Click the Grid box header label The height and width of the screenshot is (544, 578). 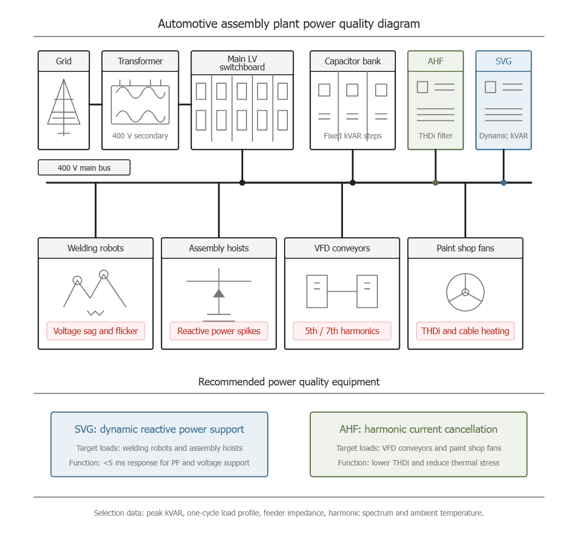[63, 61]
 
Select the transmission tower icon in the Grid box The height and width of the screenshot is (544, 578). [64, 107]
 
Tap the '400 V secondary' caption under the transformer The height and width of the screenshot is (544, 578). [140, 136]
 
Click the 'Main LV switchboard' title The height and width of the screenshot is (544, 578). [242, 63]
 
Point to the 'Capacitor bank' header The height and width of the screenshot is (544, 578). [353, 61]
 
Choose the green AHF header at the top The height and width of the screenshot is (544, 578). [435, 61]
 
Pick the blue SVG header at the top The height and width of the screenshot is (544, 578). [503, 61]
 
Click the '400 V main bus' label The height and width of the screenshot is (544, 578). [84, 168]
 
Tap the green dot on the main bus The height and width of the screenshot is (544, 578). [435, 183]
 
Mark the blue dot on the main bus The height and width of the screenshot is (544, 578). [503, 183]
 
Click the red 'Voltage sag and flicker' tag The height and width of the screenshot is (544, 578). [95, 331]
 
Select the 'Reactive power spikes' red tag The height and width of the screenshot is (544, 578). [219, 331]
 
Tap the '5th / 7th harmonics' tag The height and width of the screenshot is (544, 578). [342, 331]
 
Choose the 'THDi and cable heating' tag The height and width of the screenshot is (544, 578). [465, 331]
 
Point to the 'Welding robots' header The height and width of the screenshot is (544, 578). [95, 248]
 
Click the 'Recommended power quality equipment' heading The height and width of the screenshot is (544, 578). [289, 382]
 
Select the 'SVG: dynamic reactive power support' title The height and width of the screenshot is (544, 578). [159, 430]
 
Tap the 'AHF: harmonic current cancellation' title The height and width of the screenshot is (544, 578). [418, 430]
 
